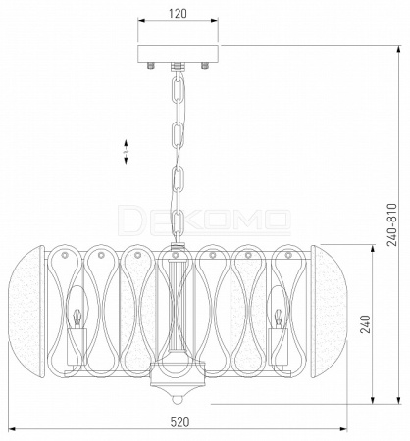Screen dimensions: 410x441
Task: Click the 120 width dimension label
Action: (178, 14)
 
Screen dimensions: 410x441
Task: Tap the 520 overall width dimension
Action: (179, 422)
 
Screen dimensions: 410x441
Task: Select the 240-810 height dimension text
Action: (391, 224)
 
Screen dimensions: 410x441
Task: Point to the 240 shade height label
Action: (365, 324)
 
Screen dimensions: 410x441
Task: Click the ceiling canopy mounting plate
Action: (178, 54)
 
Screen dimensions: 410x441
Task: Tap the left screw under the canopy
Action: (151, 65)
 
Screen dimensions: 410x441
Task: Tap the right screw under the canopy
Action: (205, 65)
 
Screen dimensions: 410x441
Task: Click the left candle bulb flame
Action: (77, 315)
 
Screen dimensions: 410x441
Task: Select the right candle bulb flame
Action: (279, 315)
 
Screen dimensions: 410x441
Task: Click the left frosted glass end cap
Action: (26, 312)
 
